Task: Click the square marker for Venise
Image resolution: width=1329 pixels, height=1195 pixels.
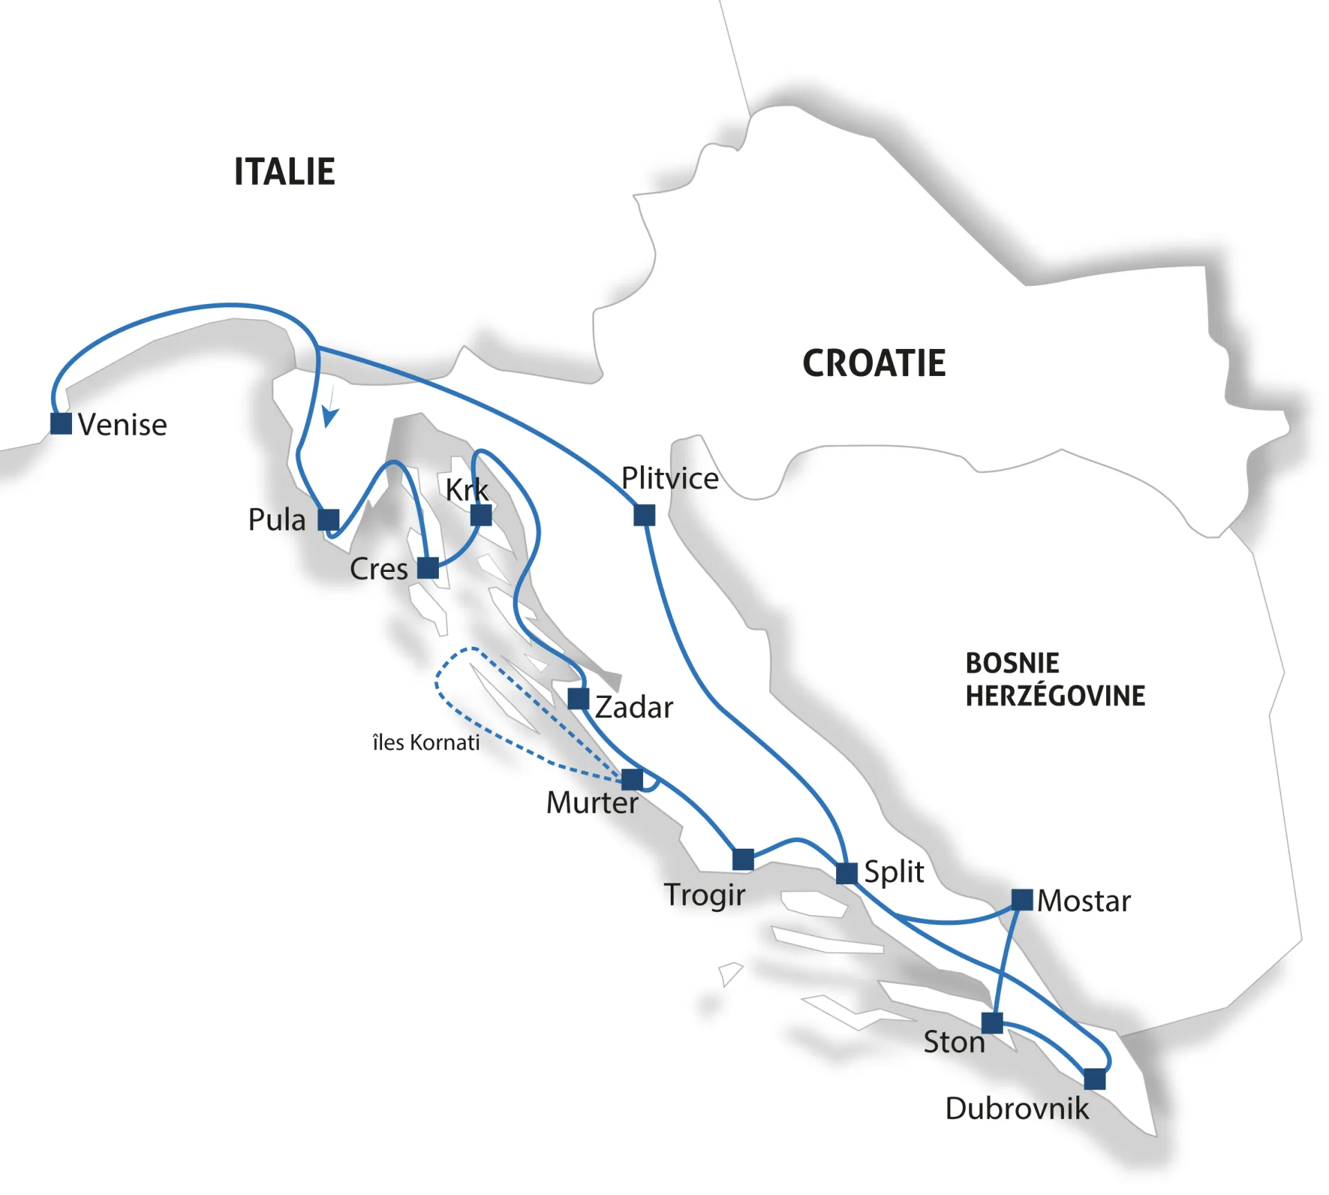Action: [61, 423]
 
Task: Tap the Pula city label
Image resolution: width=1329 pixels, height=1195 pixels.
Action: [277, 519]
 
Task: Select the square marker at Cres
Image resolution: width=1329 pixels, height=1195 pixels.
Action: [428, 568]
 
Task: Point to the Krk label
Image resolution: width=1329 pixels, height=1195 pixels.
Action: [467, 489]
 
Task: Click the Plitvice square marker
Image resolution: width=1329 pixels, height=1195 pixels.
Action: [644, 515]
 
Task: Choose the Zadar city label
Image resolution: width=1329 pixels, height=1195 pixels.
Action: [634, 708]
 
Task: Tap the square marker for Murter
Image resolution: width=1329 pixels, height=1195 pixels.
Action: [632, 780]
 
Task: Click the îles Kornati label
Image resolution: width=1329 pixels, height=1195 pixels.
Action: [426, 742]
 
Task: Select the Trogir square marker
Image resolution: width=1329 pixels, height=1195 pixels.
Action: [743, 859]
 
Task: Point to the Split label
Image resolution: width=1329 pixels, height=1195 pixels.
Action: [894, 872]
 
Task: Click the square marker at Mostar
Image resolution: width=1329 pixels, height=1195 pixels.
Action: [1022, 899]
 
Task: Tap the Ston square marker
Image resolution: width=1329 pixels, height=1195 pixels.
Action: [992, 1023]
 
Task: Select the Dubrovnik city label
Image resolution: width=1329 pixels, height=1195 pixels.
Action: [1017, 1108]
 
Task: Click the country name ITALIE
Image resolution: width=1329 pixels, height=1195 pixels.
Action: [284, 172]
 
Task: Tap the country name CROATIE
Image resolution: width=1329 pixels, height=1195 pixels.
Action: [874, 363]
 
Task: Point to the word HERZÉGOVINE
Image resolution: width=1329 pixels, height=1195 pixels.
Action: [1055, 696]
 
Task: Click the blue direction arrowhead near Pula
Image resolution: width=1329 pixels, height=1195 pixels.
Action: [330, 417]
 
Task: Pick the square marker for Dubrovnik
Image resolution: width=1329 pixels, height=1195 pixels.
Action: [1094, 1079]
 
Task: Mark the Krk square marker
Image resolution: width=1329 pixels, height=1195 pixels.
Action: [481, 515]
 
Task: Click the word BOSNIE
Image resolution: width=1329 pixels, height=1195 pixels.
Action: [1012, 663]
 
